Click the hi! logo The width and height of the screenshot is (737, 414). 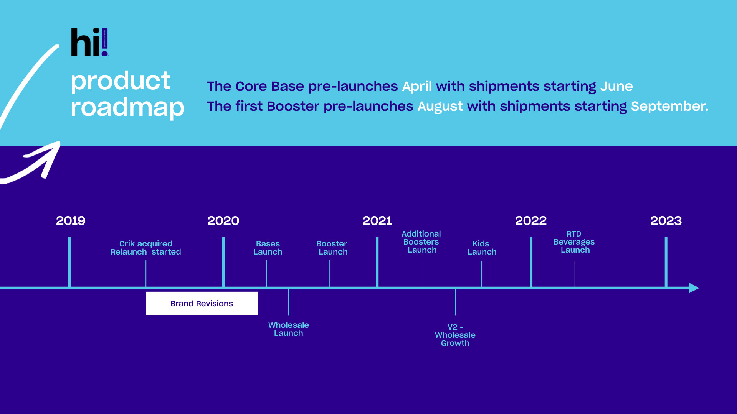point(89,42)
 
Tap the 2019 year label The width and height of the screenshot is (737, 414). point(71,221)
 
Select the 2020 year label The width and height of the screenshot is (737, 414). point(223,221)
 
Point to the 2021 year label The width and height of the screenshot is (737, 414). point(377,221)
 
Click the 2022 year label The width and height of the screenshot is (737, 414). point(530,221)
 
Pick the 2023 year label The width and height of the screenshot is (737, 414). point(666,221)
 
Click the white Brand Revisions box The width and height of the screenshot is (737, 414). point(202,303)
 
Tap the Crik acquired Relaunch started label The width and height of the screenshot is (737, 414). point(145,248)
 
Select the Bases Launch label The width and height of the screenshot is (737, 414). point(268,248)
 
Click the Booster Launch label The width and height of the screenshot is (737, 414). point(332,248)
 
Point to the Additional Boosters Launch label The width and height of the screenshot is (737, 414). point(421,242)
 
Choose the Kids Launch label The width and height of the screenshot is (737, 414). point(482,248)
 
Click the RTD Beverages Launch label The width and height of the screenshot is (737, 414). point(574,242)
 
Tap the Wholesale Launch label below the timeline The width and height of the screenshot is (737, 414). point(289,329)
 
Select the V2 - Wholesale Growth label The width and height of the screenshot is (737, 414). point(455,335)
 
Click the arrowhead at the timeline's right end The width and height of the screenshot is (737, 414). point(694,288)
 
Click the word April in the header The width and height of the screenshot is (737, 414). point(417,87)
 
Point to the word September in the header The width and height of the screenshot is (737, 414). point(669,106)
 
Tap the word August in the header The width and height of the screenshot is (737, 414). point(440,106)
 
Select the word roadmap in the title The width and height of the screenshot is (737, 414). point(127,107)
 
